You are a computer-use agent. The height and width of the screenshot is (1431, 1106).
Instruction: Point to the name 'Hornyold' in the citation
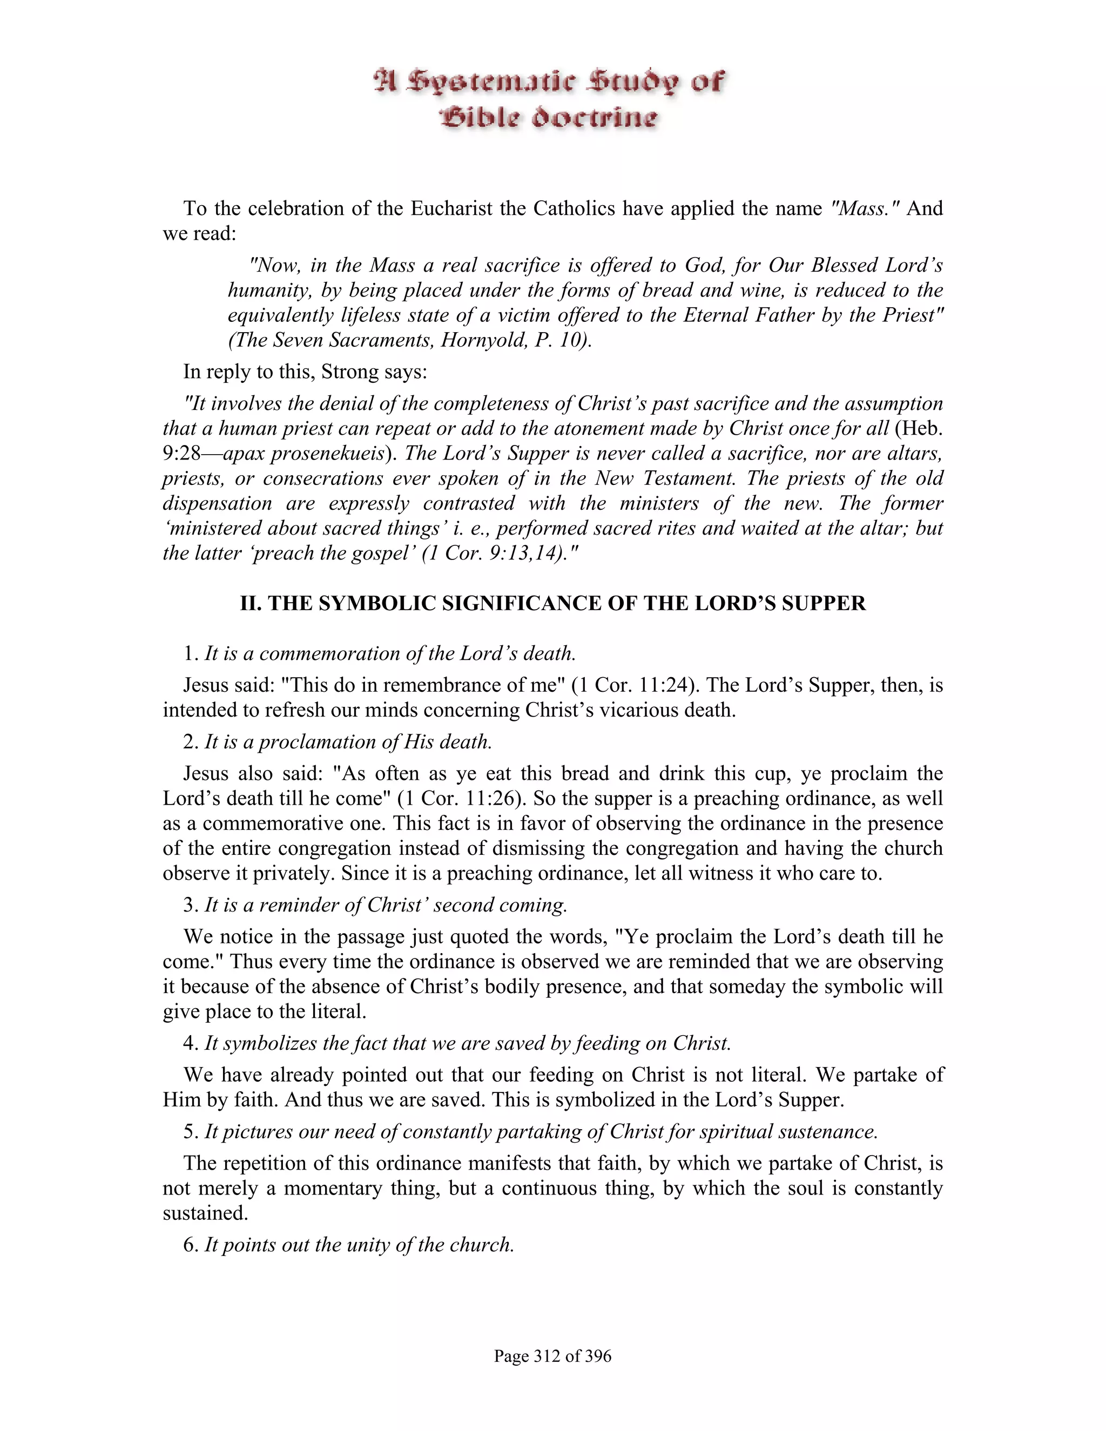[483, 340]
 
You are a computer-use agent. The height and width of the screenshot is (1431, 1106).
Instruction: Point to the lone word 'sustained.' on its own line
[206, 1213]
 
